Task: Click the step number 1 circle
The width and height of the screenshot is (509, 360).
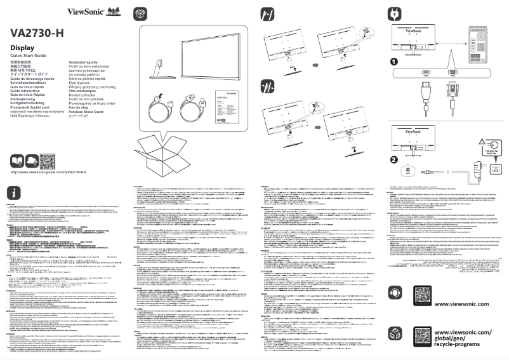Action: click(394, 62)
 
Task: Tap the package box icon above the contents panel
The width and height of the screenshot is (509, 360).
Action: click(140, 14)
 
